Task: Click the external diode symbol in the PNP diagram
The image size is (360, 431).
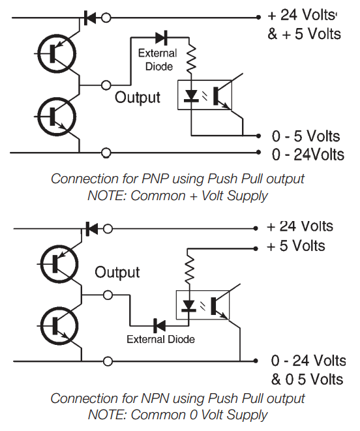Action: pyautogui.click(x=161, y=38)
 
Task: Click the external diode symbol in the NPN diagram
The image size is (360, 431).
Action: pyautogui.click(x=158, y=324)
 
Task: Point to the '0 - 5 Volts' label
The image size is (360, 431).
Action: pyautogui.click(x=306, y=136)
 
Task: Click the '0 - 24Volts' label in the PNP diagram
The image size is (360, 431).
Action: pyautogui.click(x=308, y=155)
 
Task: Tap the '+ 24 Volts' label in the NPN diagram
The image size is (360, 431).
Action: pyautogui.click(x=299, y=226)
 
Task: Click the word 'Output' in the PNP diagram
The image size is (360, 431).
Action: pyautogui.click(x=138, y=98)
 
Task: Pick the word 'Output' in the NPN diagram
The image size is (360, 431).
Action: pyautogui.click(x=117, y=272)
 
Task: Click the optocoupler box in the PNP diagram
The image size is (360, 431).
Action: pyautogui.click(x=203, y=95)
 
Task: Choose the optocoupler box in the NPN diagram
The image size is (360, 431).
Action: pyautogui.click(x=203, y=304)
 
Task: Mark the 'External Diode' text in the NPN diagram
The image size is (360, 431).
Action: pyautogui.click(x=160, y=339)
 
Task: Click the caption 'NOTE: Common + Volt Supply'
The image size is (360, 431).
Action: pyautogui.click(x=177, y=194)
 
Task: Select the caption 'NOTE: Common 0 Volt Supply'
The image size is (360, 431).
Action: pyautogui.click(x=177, y=414)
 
